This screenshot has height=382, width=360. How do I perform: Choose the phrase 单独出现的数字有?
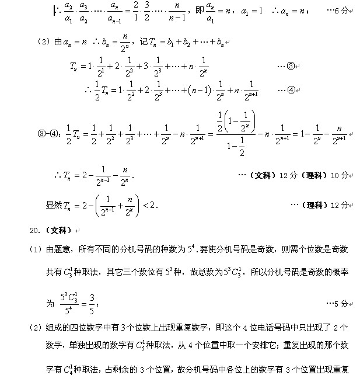[x=88, y=345]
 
